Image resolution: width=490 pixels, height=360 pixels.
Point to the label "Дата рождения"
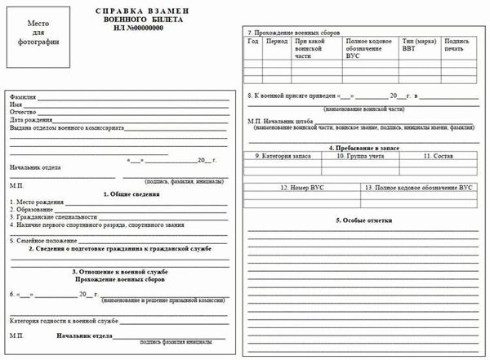(30, 120)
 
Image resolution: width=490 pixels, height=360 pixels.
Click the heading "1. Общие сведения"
(131, 194)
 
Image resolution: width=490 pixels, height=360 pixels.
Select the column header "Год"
(253, 39)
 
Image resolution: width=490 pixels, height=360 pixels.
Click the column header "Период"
(277, 39)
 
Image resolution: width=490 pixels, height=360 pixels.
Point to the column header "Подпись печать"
(457, 43)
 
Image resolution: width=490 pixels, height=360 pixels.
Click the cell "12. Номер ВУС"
(304, 188)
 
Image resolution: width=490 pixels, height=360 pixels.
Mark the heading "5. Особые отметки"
(363, 220)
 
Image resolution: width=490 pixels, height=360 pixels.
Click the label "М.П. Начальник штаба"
(279, 120)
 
